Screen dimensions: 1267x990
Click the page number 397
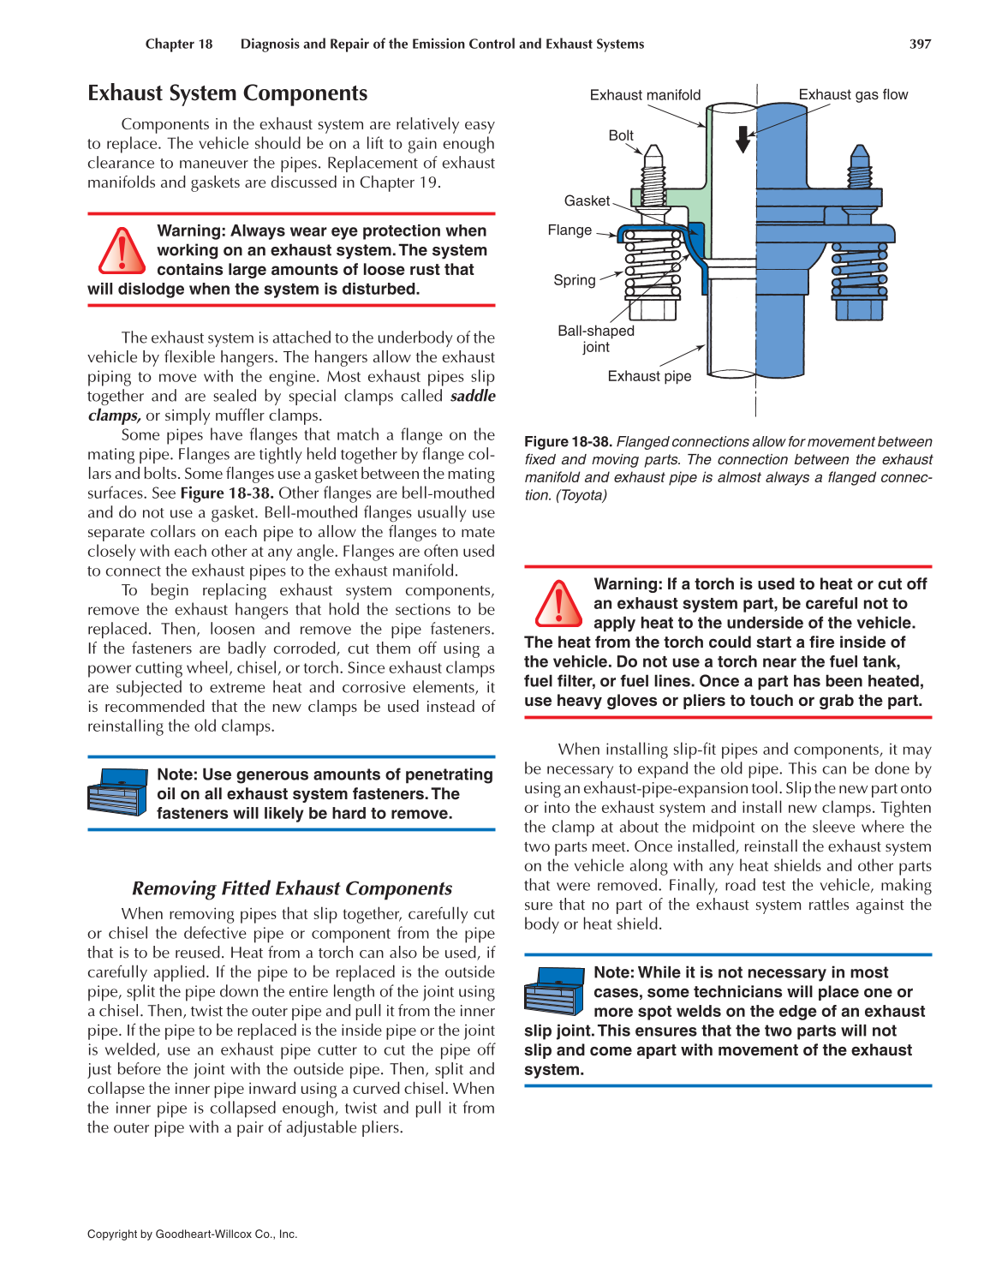pyautogui.click(x=920, y=44)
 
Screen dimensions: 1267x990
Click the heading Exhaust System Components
pyautogui.click(x=227, y=93)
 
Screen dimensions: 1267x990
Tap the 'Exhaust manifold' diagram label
pyautogui.click(x=645, y=95)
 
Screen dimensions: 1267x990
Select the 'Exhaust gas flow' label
pyautogui.click(x=853, y=94)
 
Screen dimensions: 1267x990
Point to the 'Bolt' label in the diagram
pyautogui.click(x=621, y=135)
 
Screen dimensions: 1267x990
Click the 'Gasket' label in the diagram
pyautogui.click(x=587, y=200)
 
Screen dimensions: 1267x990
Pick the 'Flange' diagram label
pyautogui.click(x=570, y=230)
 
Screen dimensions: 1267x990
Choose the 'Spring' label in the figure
pyautogui.click(x=574, y=280)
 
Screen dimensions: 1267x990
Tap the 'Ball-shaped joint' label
pyautogui.click(x=596, y=338)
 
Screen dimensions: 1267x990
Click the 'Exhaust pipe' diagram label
pyautogui.click(x=649, y=376)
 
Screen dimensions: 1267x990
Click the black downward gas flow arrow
pyautogui.click(x=743, y=139)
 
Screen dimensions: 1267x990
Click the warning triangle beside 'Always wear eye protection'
pyautogui.click(x=122, y=251)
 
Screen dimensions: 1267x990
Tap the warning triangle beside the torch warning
pyautogui.click(x=558, y=603)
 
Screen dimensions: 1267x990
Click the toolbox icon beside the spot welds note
pyautogui.click(x=554, y=990)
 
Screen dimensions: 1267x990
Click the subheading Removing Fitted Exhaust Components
pyautogui.click(x=292, y=888)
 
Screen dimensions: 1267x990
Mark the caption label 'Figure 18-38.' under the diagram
pyautogui.click(x=568, y=442)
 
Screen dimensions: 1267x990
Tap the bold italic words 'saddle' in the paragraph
pyautogui.click(x=473, y=396)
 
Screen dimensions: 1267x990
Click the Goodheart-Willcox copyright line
pyautogui.click(x=193, y=1234)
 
